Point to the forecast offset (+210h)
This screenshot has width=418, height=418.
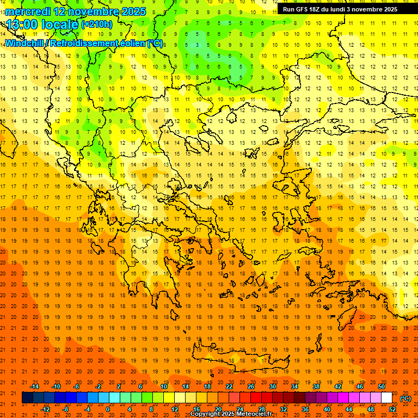(x=96, y=24)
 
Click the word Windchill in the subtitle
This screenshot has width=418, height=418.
(x=24, y=43)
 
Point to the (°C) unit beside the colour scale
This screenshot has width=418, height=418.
(x=405, y=398)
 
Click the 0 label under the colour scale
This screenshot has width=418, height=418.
(x=108, y=409)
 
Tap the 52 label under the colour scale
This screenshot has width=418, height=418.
(x=392, y=409)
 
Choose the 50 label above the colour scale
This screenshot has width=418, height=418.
(x=382, y=386)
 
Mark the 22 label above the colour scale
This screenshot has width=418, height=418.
(x=229, y=386)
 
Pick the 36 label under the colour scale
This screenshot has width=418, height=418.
(x=305, y=409)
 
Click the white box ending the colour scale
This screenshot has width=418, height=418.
(x=387, y=398)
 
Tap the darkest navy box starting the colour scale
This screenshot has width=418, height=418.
(x=27, y=398)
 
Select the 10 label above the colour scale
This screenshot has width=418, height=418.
(x=164, y=386)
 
